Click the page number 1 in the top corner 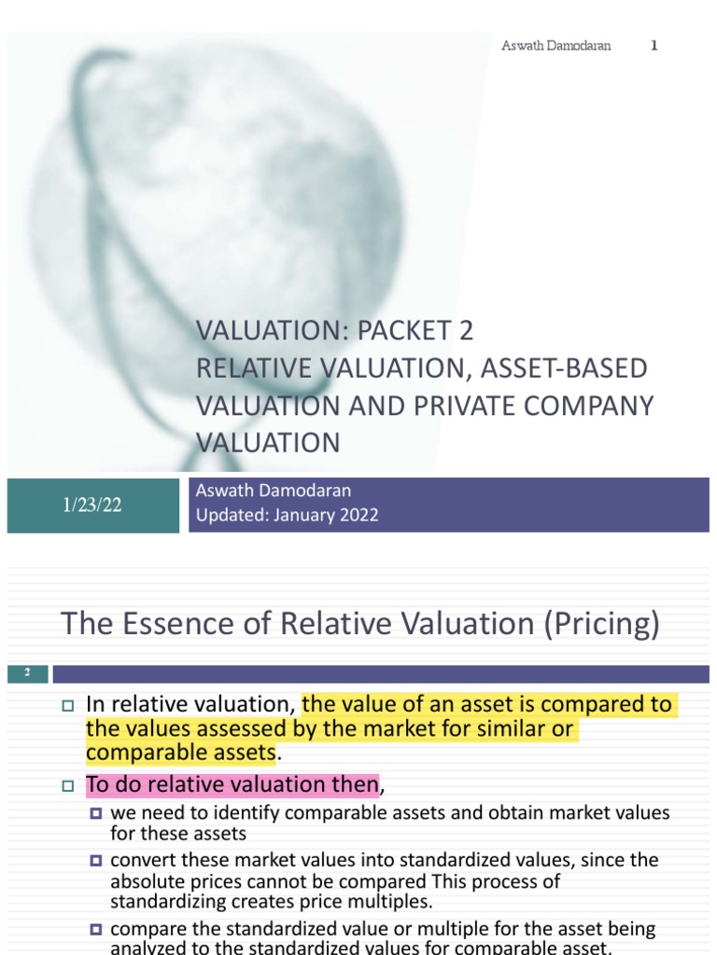pyautogui.click(x=654, y=46)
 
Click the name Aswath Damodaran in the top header pyautogui.click(x=555, y=46)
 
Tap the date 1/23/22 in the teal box pyautogui.click(x=92, y=505)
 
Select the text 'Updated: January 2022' pyautogui.click(x=288, y=516)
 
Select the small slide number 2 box pyautogui.click(x=28, y=672)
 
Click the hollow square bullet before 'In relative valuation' pyautogui.click(x=66, y=706)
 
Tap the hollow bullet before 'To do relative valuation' pyautogui.click(x=66, y=786)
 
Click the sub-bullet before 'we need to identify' pyautogui.click(x=96, y=813)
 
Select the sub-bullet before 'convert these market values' pyautogui.click(x=96, y=860)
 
